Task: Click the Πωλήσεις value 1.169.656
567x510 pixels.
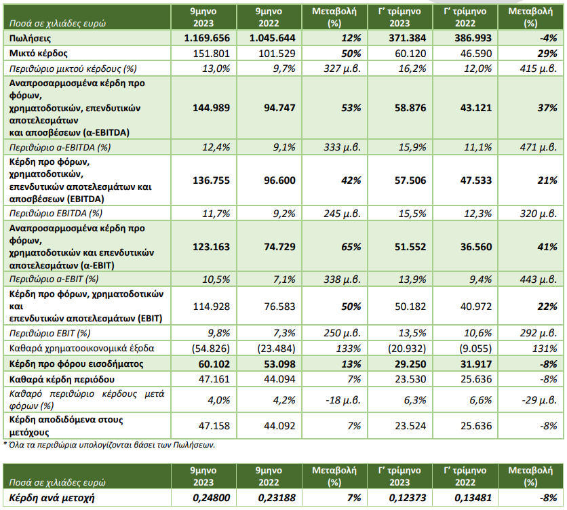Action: coord(207,38)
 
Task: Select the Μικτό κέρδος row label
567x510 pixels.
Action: coord(39,54)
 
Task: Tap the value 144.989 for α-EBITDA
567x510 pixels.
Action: coord(211,108)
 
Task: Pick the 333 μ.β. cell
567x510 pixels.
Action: coord(342,147)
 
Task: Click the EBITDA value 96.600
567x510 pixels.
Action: coord(279,180)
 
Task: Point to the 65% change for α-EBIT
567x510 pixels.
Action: coord(351,247)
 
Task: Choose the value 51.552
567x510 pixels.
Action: coord(410,247)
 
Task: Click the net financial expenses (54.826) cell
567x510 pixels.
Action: coord(211,349)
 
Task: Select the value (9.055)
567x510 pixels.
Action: coord(475,349)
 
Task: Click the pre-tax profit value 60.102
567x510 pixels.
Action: coord(214,364)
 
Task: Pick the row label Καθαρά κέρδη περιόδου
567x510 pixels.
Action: coord(62,379)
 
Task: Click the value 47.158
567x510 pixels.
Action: coord(214,426)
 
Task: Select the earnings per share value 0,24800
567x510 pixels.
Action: coord(212,498)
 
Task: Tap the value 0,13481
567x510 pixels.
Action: coord(473,498)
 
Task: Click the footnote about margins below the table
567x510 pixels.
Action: coord(109,444)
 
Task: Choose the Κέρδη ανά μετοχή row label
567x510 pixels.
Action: coord(52,498)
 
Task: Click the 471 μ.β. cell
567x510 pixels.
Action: coord(539,147)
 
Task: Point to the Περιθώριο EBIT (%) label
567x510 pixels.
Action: coord(50,333)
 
